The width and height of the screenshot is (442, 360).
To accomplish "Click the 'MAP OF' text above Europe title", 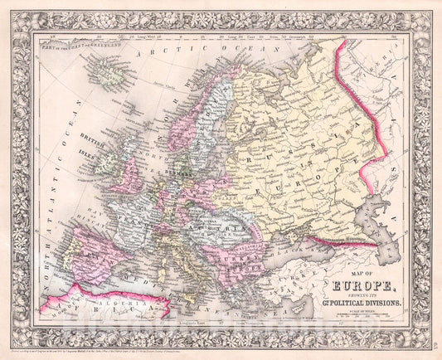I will [x=350, y=276].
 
